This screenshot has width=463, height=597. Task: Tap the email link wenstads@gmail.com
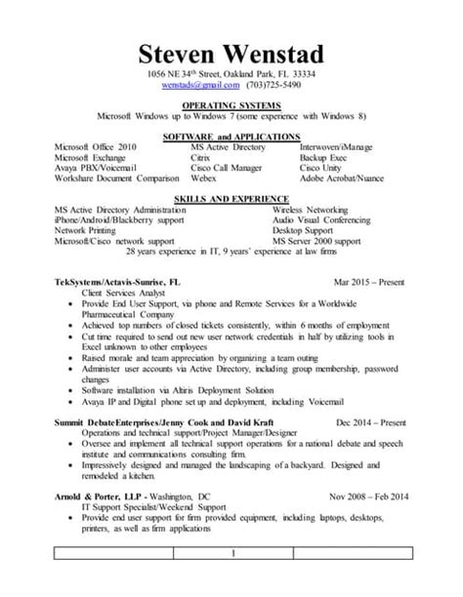pyautogui.click(x=199, y=86)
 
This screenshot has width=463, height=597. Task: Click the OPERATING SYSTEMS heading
pyautogui.click(x=231, y=106)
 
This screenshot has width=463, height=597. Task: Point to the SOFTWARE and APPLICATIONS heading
pyautogui.click(x=231, y=136)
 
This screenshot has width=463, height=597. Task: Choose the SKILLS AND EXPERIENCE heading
pyautogui.click(x=231, y=195)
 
